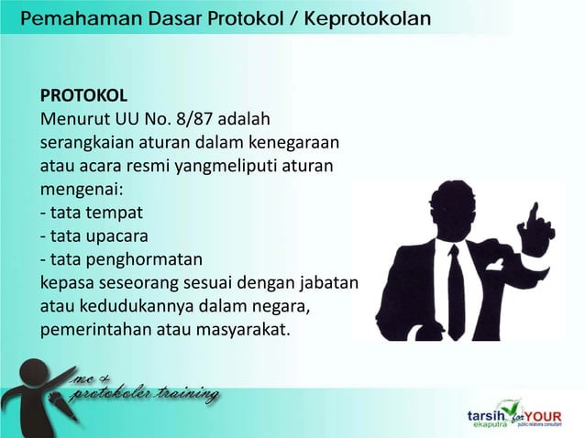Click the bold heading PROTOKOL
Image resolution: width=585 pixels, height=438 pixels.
[83, 96]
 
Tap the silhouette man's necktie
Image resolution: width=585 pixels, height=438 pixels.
[456, 279]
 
